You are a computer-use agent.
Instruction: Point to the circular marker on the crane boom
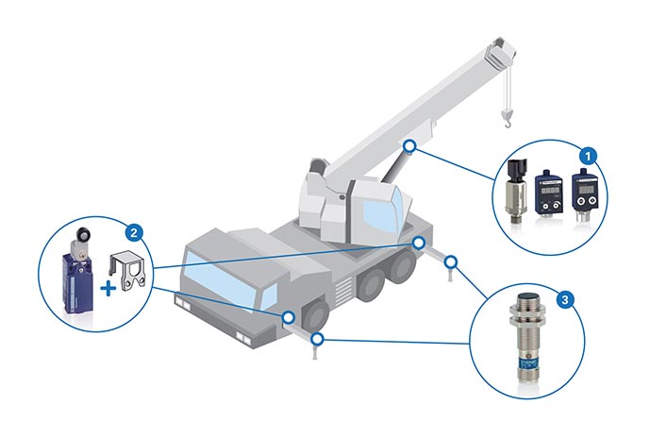408,146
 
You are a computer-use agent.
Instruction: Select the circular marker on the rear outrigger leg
452,260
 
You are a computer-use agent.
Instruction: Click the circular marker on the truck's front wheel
289,317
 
